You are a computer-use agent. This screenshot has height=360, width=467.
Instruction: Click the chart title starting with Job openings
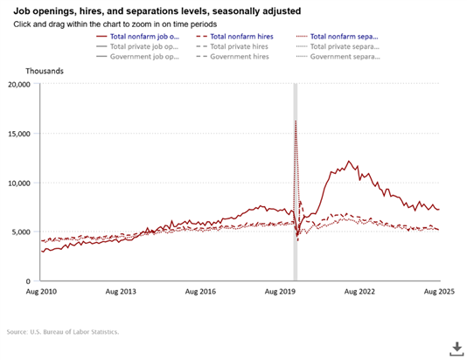(154, 10)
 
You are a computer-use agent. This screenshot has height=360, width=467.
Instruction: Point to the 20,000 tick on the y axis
(18, 85)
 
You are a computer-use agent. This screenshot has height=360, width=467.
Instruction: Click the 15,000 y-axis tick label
(18, 134)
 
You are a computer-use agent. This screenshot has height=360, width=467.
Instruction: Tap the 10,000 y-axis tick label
(18, 183)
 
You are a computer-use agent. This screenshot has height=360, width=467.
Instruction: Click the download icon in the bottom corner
(455, 348)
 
